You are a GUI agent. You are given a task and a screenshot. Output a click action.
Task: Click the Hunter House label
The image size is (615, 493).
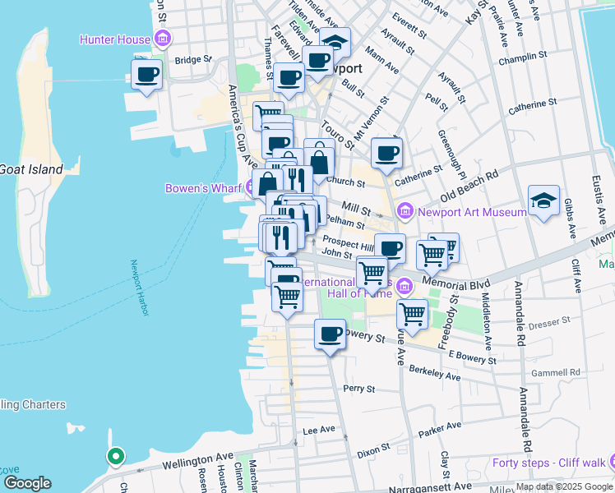(x=115, y=39)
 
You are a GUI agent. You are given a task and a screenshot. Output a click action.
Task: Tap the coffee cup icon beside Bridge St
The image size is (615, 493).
(x=147, y=75)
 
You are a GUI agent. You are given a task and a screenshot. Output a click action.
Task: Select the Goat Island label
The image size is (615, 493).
(x=30, y=169)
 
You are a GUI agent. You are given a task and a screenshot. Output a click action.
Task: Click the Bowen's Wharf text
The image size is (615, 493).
(x=201, y=188)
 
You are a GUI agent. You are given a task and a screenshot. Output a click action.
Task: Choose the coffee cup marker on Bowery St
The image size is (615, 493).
(x=330, y=334)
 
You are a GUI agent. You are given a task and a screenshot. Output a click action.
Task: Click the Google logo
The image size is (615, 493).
(x=27, y=483)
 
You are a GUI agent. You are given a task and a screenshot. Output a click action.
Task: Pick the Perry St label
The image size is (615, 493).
(x=359, y=388)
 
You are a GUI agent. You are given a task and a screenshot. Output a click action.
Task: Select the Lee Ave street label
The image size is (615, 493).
(x=319, y=430)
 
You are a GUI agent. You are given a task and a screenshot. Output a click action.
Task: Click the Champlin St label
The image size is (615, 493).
(x=528, y=56)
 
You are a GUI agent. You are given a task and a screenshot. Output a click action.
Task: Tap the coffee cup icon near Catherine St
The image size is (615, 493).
(x=386, y=152)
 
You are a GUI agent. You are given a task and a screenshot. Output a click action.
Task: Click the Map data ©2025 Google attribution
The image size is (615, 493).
(x=564, y=486)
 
